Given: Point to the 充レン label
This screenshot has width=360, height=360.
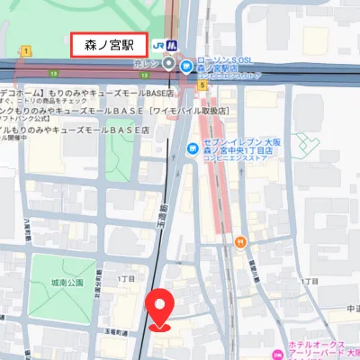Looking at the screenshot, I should point(147,64).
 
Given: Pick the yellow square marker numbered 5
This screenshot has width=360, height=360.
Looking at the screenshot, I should point(203,85).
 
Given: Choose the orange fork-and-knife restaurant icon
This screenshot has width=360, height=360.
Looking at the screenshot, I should point(240,240).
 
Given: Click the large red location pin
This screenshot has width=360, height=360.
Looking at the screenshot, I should point(160,308).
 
